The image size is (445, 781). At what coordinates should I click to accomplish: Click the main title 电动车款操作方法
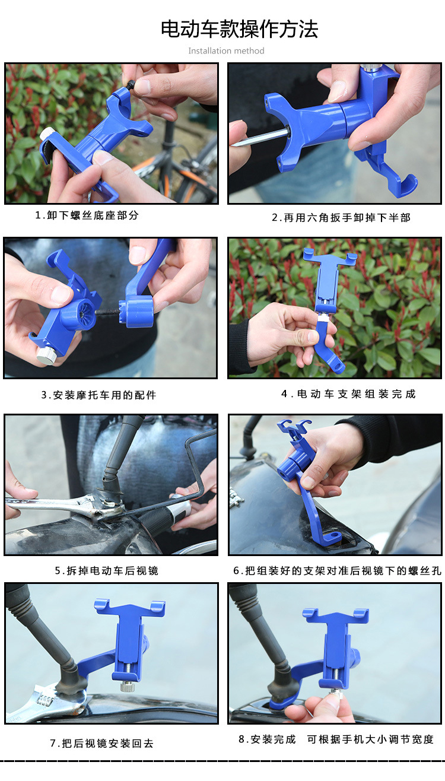point(239,29)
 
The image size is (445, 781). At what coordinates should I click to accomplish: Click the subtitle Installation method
point(226,51)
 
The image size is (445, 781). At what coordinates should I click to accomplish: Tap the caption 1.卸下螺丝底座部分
point(87,215)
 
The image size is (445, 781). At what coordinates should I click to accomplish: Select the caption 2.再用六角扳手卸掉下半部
point(341,218)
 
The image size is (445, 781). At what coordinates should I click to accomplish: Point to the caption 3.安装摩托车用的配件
point(98,395)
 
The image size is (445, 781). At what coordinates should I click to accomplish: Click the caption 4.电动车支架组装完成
point(348,394)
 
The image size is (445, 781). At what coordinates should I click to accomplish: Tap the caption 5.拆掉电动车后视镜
point(107,571)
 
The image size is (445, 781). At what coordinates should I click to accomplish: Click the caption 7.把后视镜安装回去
point(101,744)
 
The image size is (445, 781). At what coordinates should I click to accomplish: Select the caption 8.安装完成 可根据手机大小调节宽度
point(336,739)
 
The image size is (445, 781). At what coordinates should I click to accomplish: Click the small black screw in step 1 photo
point(131,85)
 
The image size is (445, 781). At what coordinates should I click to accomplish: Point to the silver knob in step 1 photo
point(47,134)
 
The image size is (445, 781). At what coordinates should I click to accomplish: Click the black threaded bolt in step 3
point(107,312)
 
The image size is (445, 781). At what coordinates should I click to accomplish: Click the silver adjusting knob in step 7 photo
point(128,686)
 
